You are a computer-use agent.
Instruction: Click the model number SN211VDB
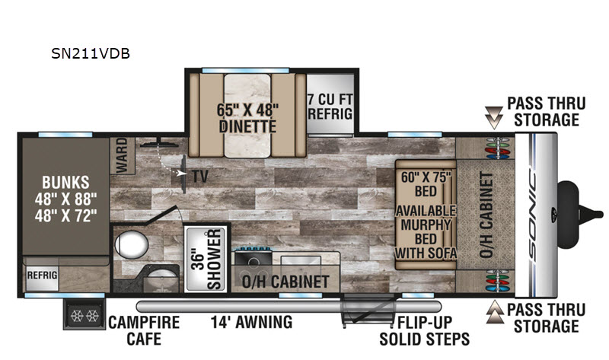pos(91,53)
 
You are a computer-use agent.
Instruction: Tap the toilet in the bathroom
pos(131,244)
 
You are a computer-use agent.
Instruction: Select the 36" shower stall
pos(205,259)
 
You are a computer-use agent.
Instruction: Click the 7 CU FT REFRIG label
pos(330,107)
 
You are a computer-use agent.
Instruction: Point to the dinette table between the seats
pos(247,116)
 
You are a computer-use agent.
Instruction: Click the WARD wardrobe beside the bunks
pos(123,155)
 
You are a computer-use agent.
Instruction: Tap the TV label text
pos(200,177)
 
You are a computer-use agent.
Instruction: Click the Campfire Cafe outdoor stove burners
pos(84,316)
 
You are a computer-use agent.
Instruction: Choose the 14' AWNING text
pos(251,323)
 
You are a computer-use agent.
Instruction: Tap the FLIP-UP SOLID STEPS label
pos(425,331)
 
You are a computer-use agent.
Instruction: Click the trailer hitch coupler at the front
pos(580,215)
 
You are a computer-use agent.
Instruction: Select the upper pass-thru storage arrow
pos(494,118)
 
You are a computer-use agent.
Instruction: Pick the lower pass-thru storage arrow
pos(495,312)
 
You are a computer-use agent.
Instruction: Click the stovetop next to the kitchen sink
pos(253,258)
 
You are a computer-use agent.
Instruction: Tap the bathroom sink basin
pos(162,276)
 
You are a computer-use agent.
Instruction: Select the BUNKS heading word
pos(65,183)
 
